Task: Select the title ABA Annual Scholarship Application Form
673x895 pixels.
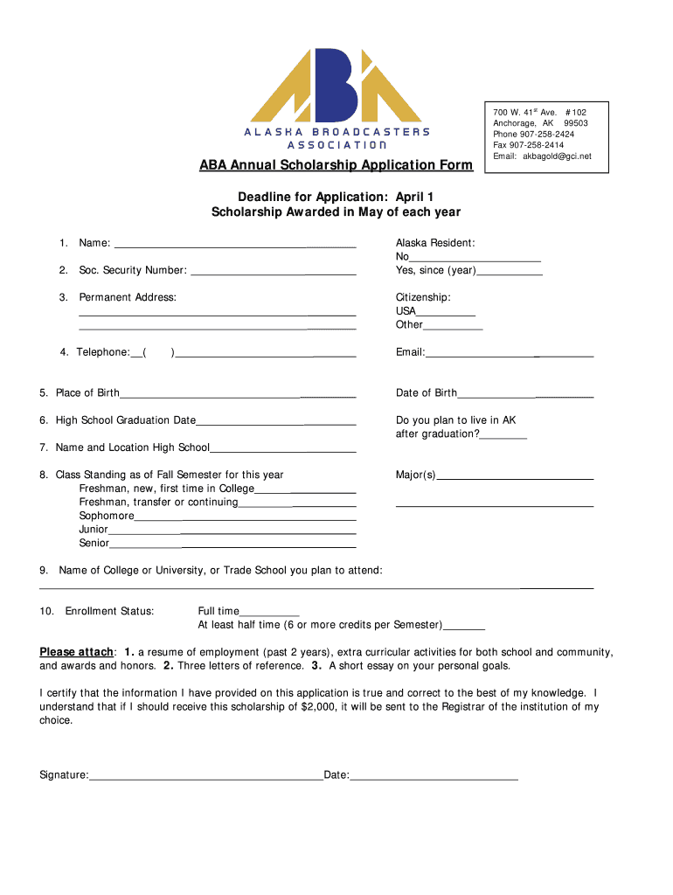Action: click(x=336, y=165)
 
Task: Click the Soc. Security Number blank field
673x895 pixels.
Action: click(x=273, y=272)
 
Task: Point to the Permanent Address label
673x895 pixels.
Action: click(x=128, y=298)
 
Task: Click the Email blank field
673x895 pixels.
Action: click(x=509, y=354)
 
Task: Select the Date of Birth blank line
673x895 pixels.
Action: click(x=524, y=394)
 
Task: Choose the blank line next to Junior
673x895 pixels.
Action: click(x=232, y=531)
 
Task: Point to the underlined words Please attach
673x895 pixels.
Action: click(x=77, y=653)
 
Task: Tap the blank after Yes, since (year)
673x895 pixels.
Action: click(x=510, y=272)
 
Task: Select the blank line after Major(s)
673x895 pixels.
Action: click(x=515, y=476)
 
